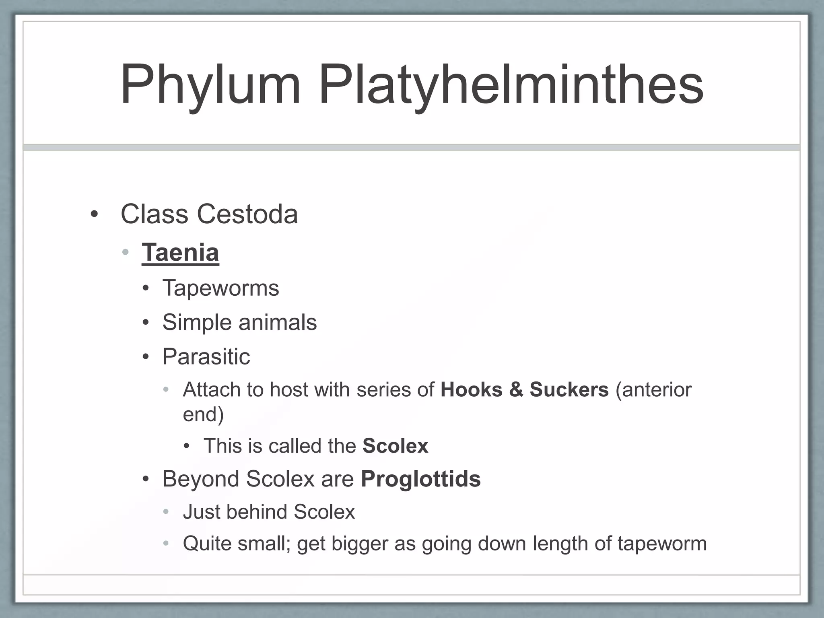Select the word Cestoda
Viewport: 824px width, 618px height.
(247, 214)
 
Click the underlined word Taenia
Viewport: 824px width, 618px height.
(180, 252)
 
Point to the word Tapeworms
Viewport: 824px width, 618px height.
(220, 288)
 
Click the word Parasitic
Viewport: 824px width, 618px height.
(206, 356)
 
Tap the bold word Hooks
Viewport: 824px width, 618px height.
(471, 389)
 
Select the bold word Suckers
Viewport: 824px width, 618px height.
(569, 389)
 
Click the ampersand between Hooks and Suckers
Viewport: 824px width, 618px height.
(516, 389)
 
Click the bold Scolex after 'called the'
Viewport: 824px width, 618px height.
(395, 446)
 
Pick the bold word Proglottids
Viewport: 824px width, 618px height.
(420, 479)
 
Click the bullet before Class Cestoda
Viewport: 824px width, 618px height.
(94, 214)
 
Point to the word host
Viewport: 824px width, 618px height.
(288, 389)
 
